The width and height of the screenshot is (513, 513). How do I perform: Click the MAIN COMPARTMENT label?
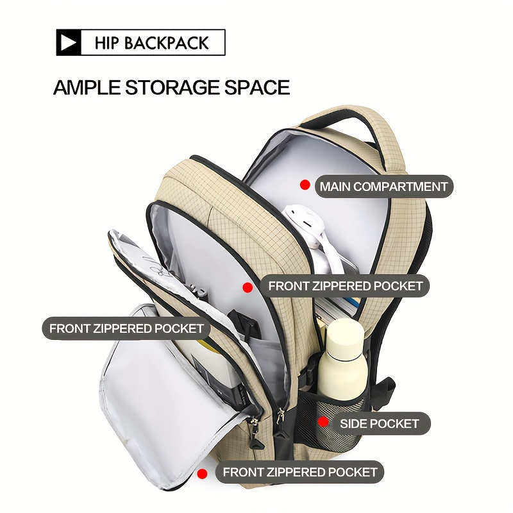click(x=384, y=187)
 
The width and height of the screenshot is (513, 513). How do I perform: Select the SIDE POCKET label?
click(x=379, y=423)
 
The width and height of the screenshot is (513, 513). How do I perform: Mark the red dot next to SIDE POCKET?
click(x=324, y=422)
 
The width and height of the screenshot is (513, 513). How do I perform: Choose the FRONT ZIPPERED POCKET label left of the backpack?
click(x=126, y=329)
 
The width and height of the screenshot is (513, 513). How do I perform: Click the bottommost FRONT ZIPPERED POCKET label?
click(x=299, y=473)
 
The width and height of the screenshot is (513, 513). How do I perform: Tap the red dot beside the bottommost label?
click(x=203, y=474)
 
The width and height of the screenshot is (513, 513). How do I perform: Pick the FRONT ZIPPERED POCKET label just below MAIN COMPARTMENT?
click(x=345, y=286)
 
